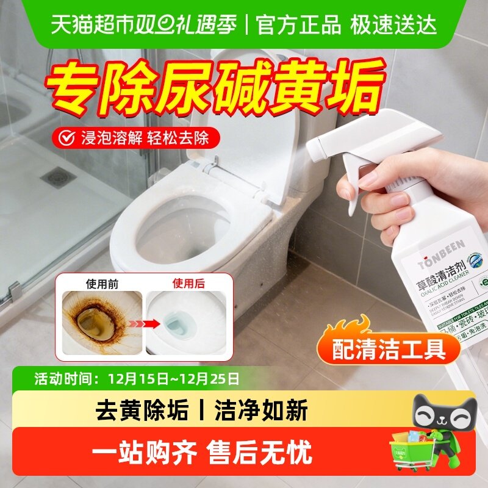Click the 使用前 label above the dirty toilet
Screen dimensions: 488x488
click(x=101, y=283)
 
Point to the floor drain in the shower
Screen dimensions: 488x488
click(x=59, y=178)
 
